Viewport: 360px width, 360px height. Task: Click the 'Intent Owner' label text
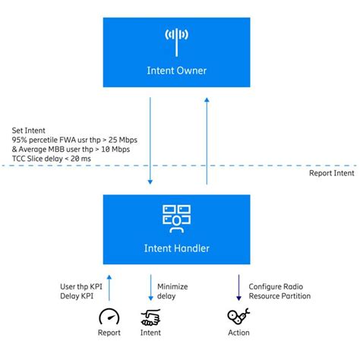[176, 71]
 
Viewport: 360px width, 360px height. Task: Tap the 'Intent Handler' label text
[176, 248]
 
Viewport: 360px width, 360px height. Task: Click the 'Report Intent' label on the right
[330, 173]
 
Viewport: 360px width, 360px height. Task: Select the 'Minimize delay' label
[172, 291]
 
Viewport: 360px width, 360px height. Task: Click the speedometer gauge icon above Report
[110, 315]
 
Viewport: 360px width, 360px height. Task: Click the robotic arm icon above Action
[238, 315]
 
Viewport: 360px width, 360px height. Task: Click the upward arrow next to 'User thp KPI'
[110, 289]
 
